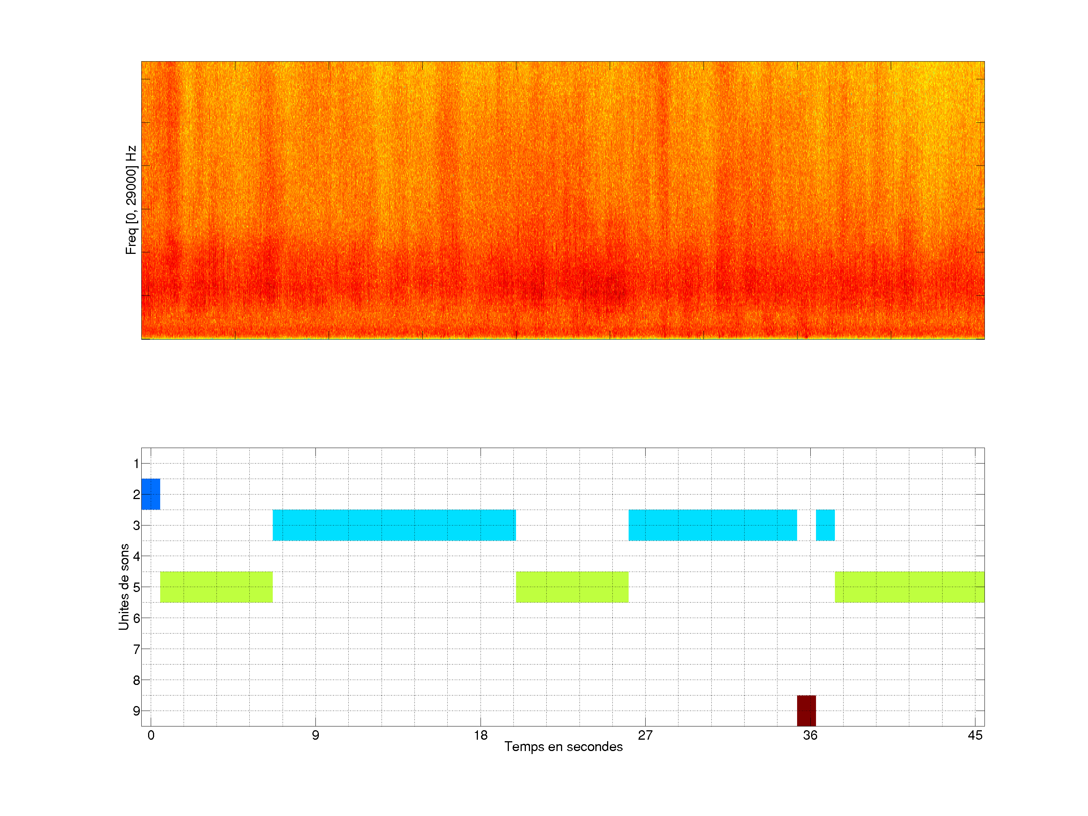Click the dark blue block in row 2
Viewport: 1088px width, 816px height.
tap(150, 494)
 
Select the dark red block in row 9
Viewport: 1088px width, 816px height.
tap(806, 710)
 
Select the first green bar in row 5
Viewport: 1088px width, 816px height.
tap(216, 587)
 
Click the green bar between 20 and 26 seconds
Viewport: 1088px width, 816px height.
tap(572, 587)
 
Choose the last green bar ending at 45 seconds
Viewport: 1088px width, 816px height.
tap(909, 587)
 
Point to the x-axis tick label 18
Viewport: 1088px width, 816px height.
tap(481, 735)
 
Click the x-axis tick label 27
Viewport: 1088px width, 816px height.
tap(645, 735)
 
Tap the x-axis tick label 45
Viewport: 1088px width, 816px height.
tap(975, 735)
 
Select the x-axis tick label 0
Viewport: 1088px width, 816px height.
tap(151, 735)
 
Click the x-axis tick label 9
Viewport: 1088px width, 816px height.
tap(315, 735)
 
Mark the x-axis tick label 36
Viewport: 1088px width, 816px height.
tap(810, 735)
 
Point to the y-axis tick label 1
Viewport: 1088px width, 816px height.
tap(136, 463)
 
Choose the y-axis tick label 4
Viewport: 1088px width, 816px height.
tap(136, 556)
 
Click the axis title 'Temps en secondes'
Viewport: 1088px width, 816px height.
tap(563, 746)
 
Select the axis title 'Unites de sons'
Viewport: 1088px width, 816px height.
tap(124, 586)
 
